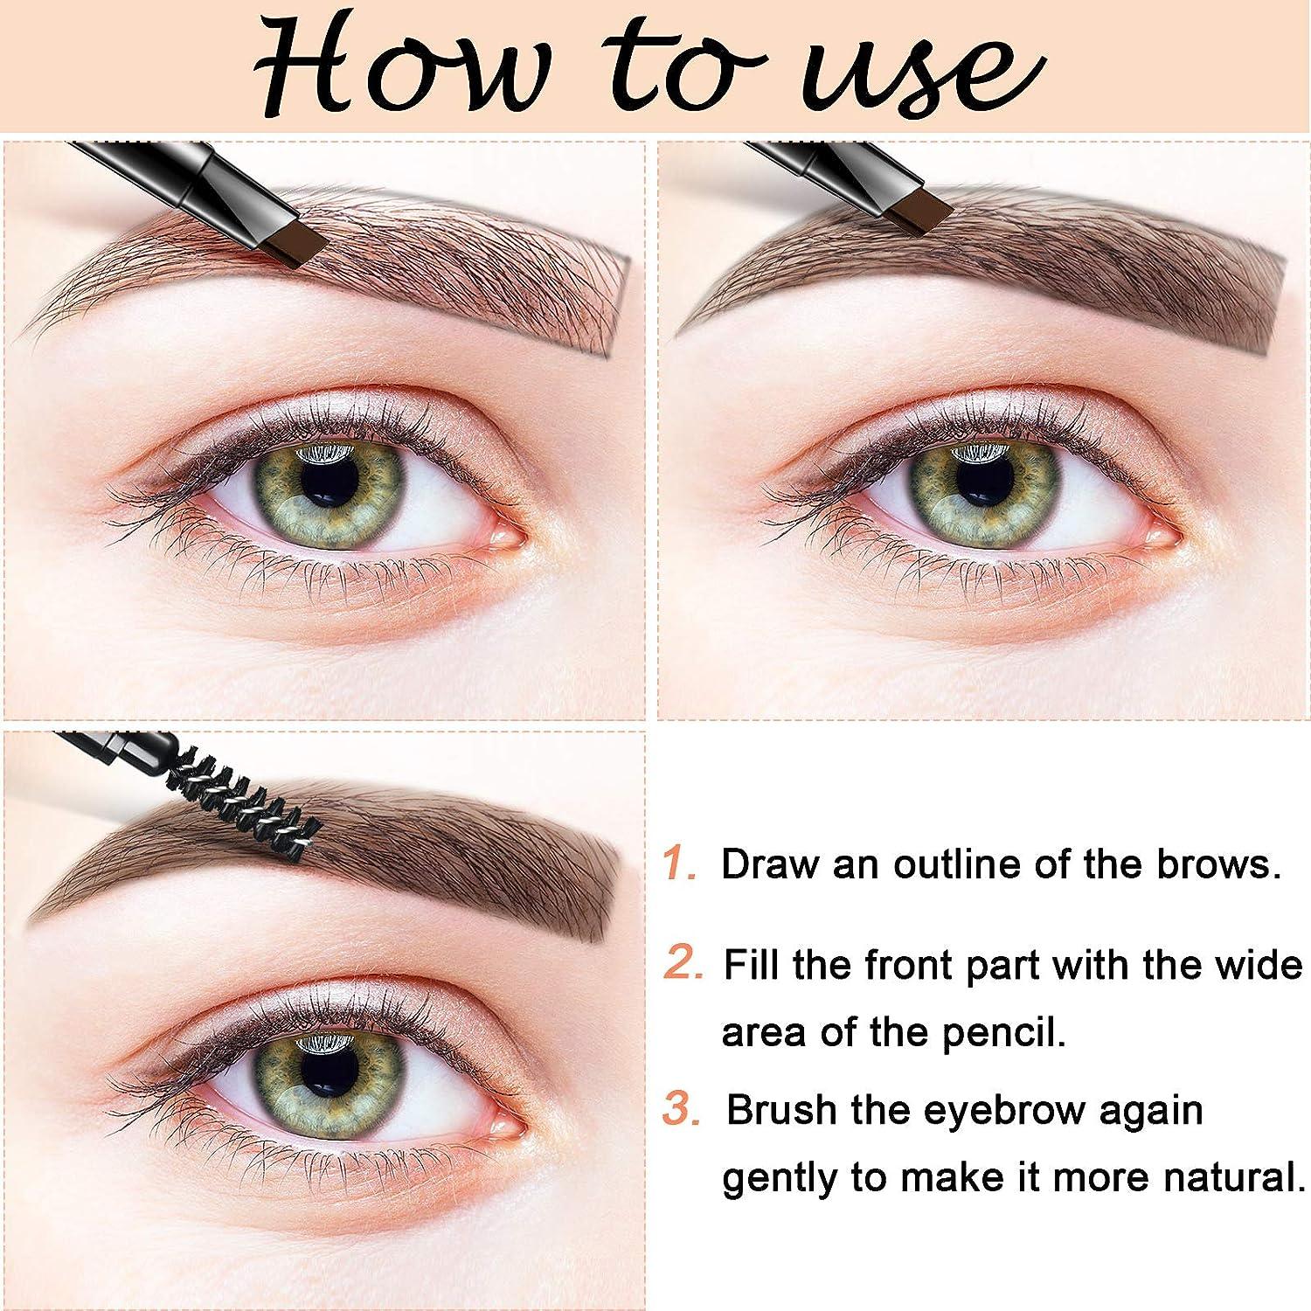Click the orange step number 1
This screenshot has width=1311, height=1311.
[679, 864]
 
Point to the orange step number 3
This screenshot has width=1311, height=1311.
[682, 1110]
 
